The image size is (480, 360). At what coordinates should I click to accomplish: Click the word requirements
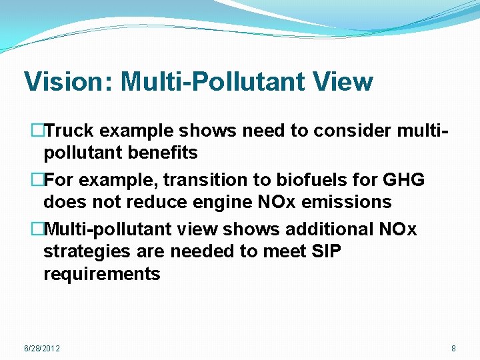pos(102,273)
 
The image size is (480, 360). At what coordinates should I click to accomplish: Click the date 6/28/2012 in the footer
pos(41,349)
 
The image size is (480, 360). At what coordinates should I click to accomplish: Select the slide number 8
pos(453,349)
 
